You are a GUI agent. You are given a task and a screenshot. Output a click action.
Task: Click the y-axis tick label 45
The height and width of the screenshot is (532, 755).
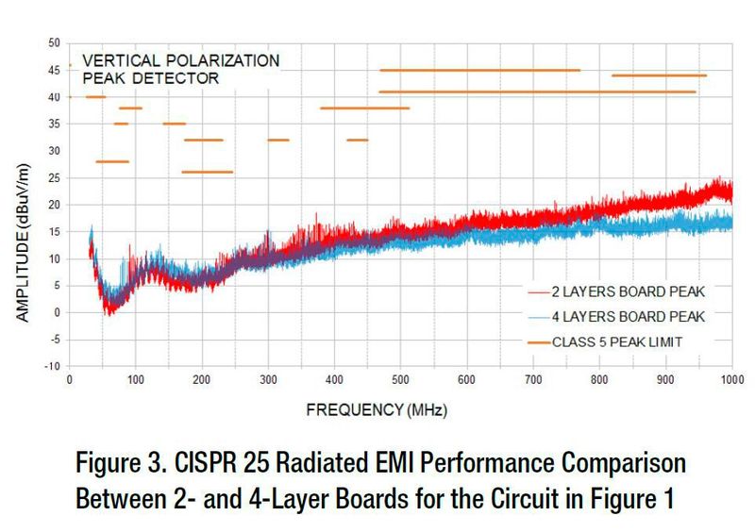click(x=54, y=70)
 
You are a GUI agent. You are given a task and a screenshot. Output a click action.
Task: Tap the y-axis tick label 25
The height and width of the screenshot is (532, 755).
click(x=54, y=177)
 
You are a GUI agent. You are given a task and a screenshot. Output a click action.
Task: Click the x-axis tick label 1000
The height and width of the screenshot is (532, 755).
click(x=730, y=380)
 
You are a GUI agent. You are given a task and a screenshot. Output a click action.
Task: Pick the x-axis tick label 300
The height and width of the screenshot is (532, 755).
click(x=268, y=380)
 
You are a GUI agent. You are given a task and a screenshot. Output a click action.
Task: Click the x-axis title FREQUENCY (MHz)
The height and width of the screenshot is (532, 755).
click(x=376, y=411)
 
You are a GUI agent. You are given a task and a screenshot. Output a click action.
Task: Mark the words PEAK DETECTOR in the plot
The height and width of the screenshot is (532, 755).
click(x=152, y=78)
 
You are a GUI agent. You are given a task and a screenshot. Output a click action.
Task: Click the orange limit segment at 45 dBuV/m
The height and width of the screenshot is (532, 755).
click(x=479, y=70)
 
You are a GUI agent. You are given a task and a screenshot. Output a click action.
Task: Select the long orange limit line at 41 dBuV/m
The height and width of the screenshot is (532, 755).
click(x=537, y=91)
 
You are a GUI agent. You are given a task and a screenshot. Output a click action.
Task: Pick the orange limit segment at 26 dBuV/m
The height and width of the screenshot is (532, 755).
click(x=207, y=172)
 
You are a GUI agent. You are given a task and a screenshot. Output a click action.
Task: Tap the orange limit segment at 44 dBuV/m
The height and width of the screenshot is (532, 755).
click(x=659, y=75)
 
